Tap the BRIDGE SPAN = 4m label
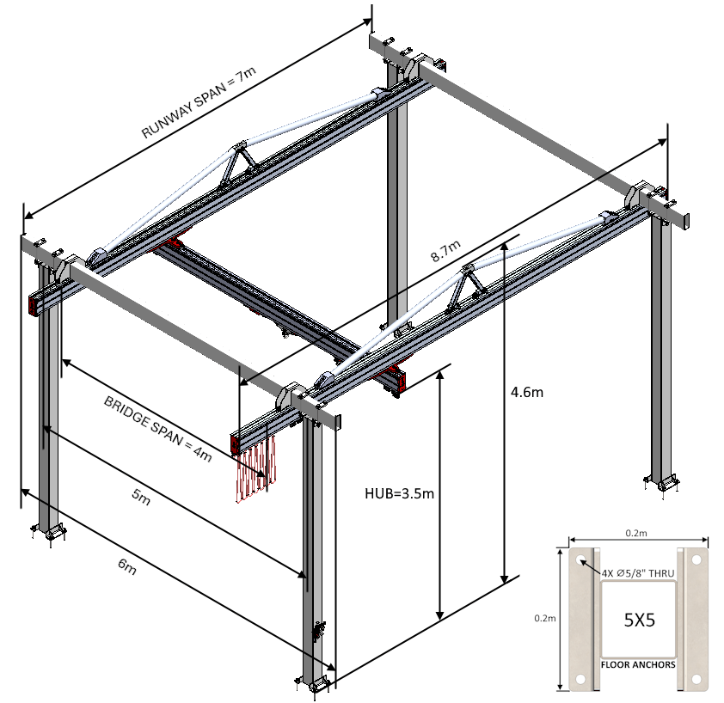click(x=157, y=429)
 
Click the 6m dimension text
click(x=126, y=566)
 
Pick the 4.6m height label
click(x=526, y=392)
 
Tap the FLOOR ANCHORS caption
click(x=637, y=664)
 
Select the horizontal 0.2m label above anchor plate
click(x=636, y=534)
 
